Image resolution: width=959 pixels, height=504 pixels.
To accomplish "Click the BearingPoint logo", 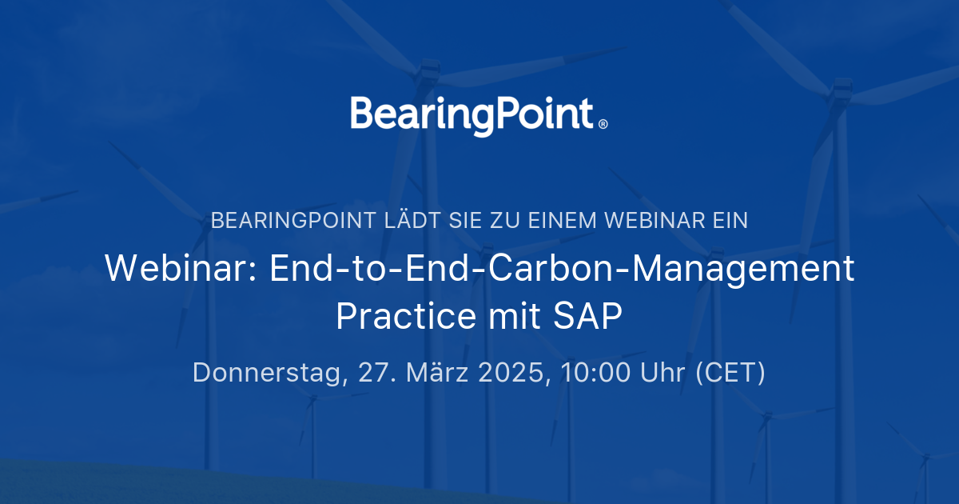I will pyautogui.click(x=472, y=115).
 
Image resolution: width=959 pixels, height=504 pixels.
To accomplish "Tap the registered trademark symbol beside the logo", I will pyautogui.click(x=603, y=124).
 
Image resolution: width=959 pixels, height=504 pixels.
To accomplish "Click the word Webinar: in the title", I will pyautogui.click(x=181, y=269).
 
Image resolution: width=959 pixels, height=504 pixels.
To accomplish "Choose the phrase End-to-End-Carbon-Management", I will pyautogui.click(x=562, y=269).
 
